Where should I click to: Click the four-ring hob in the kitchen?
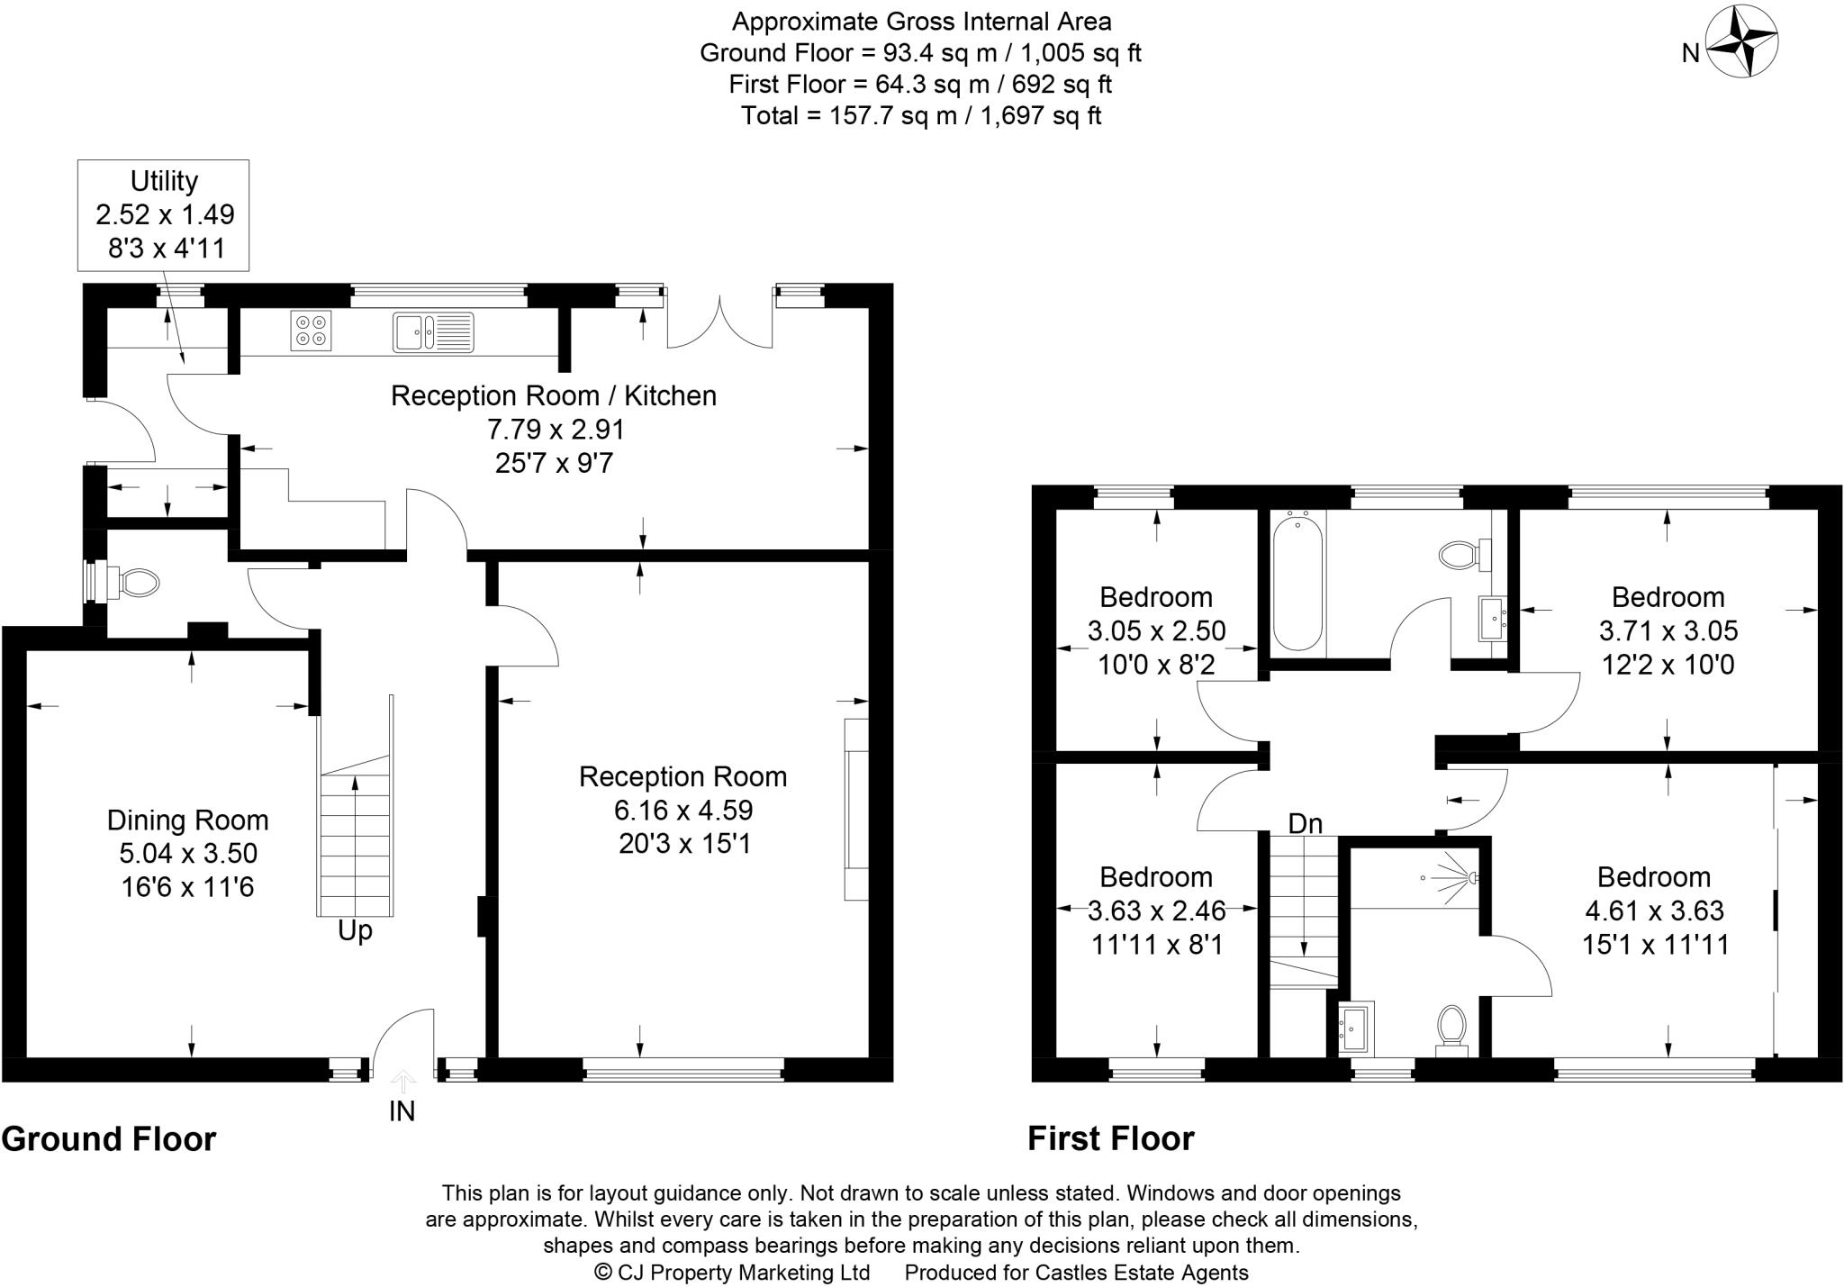tap(311, 331)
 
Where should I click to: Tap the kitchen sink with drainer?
tap(433, 331)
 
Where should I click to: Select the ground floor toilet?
tap(134, 584)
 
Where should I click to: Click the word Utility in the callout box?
tap(164, 181)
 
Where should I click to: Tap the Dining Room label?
tap(187, 820)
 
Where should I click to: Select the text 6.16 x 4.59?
tap(682, 810)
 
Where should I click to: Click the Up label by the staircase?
tap(355, 930)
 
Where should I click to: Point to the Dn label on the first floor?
tap(1305, 823)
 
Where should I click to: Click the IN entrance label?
tap(402, 1111)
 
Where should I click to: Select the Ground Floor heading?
tap(109, 1139)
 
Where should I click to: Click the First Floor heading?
tap(1110, 1139)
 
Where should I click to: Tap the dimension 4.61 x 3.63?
tap(1654, 911)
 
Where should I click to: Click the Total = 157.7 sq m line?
tap(921, 115)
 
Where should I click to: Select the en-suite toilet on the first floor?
tap(1451, 1027)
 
